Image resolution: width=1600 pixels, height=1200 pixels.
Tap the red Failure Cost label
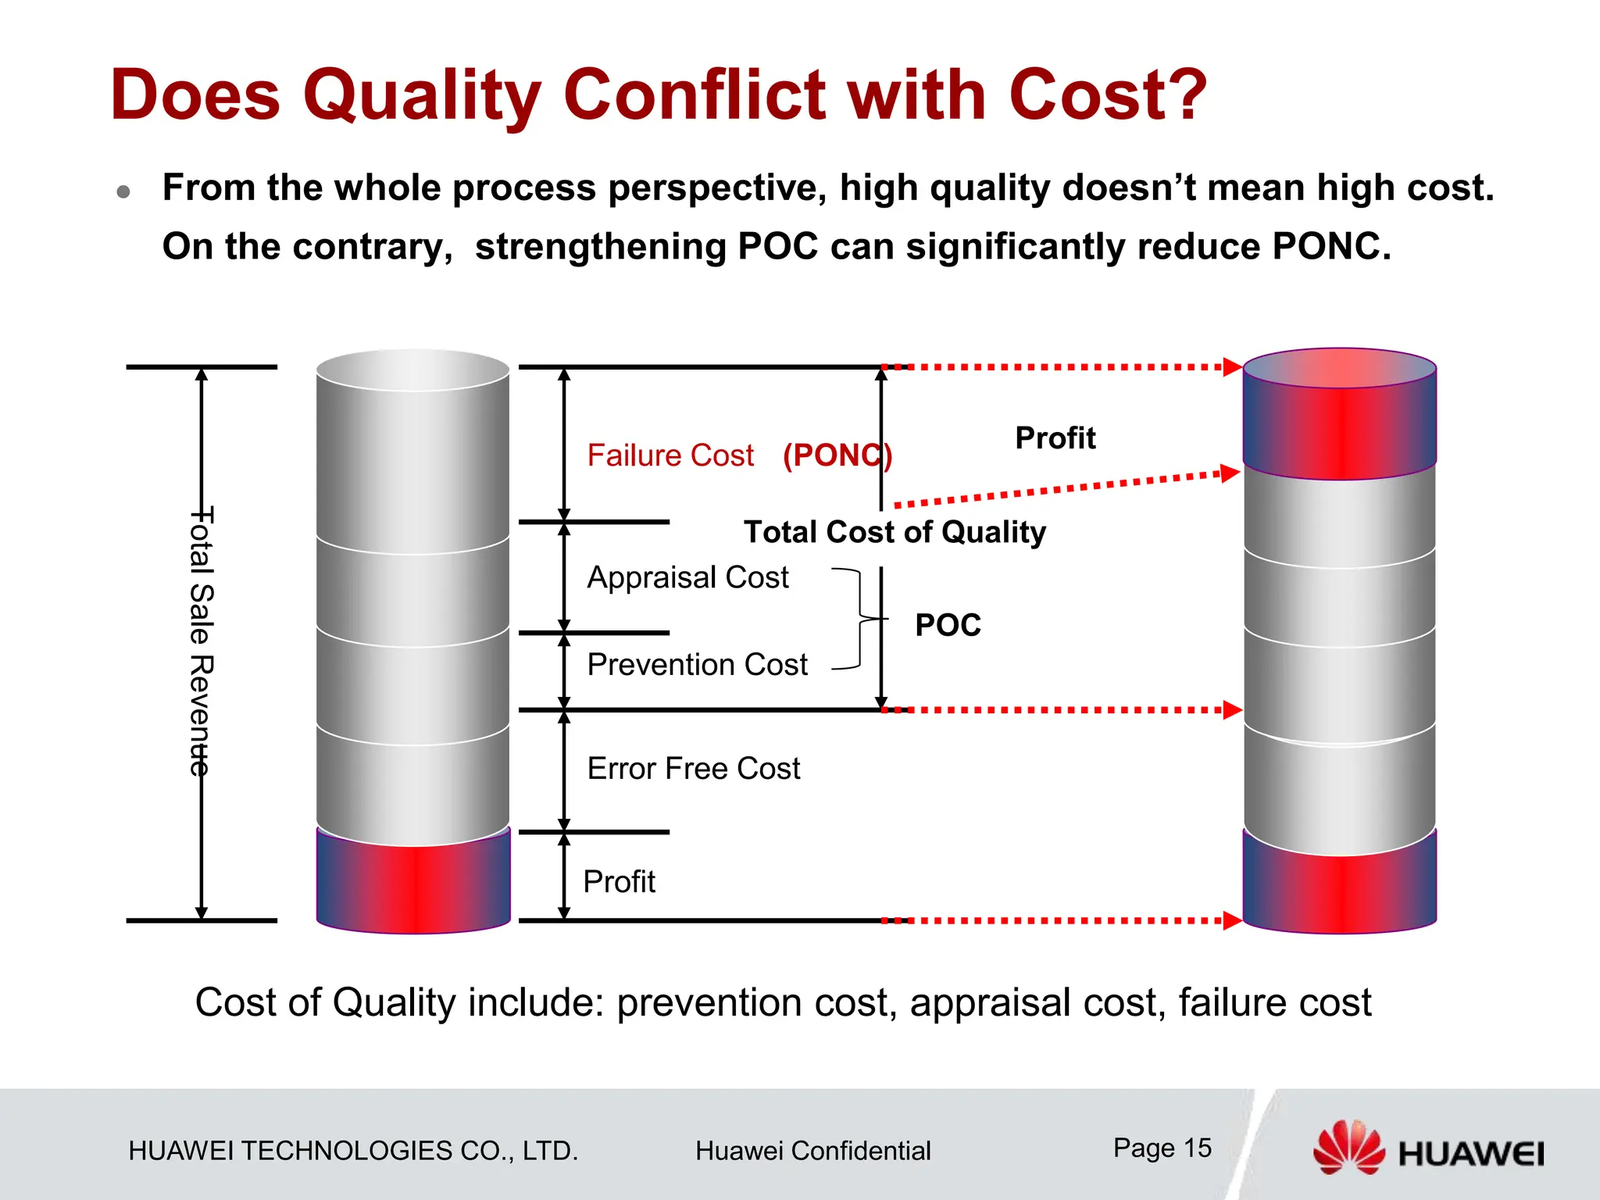(x=670, y=455)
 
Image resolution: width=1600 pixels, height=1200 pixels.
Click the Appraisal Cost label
(x=687, y=577)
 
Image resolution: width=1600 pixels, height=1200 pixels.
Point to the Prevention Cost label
(x=697, y=665)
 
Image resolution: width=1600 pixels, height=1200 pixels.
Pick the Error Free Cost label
(x=694, y=769)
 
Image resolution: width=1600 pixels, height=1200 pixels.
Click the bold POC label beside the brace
(x=948, y=625)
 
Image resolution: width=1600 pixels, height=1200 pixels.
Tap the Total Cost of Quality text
(x=895, y=532)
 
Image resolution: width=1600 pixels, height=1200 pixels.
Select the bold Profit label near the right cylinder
(x=1055, y=438)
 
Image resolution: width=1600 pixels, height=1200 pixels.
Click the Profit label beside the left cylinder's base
(x=619, y=882)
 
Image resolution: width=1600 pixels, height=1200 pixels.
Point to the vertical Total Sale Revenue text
(x=202, y=641)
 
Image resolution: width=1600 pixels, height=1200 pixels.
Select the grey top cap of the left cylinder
(x=412, y=370)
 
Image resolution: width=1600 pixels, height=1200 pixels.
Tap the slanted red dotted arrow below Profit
(x=1062, y=489)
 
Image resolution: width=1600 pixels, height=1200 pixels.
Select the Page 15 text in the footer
(x=1162, y=1148)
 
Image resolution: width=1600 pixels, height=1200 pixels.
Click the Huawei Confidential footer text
(x=812, y=1151)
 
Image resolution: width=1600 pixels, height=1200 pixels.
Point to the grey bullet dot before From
(x=123, y=191)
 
